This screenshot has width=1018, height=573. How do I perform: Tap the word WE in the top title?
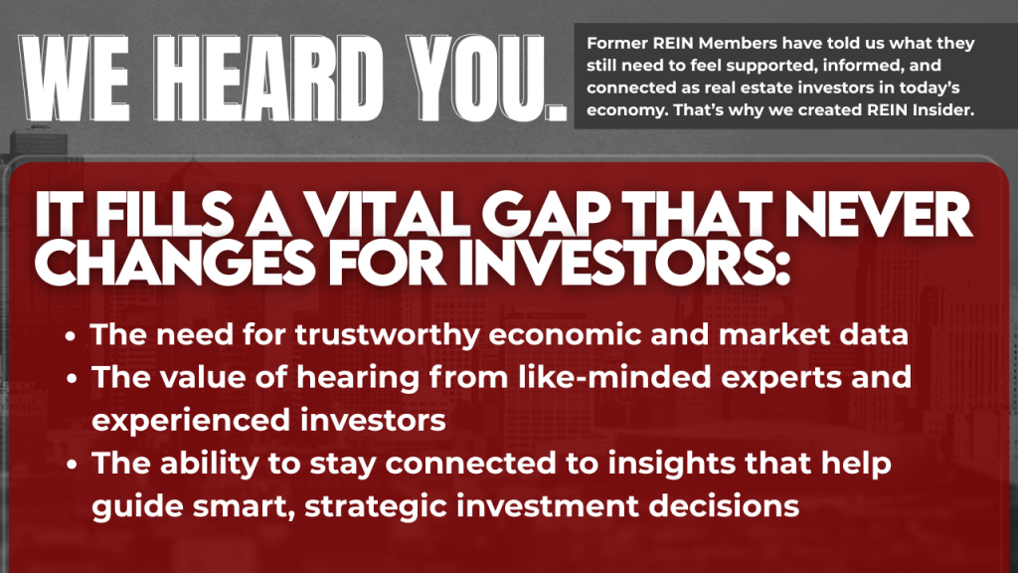tap(75, 79)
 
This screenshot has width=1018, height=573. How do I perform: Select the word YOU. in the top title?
tap(487, 79)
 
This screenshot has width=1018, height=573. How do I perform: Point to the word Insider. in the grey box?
tap(943, 109)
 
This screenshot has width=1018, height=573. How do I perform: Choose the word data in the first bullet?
tap(873, 334)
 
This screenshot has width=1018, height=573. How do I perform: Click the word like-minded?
tap(614, 377)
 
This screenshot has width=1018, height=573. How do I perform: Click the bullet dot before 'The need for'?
tap(71, 336)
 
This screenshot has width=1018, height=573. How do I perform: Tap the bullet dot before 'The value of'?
tap(71, 379)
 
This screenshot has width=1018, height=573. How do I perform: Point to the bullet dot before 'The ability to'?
tap(71, 466)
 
